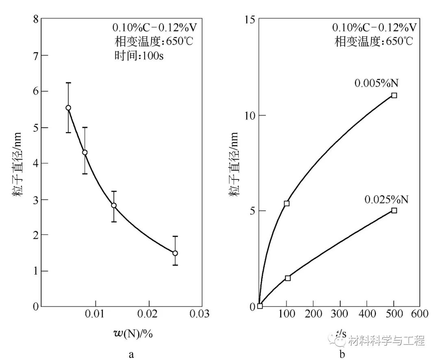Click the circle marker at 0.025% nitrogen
[175, 253]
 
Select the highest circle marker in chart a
[68, 108]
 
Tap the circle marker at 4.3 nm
[85, 153]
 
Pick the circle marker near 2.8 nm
[114, 205]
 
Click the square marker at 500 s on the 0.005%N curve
[394, 95]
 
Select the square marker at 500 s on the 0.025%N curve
[394, 210]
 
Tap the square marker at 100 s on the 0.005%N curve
[287, 203]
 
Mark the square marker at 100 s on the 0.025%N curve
[288, 278]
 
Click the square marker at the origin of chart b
[260, 306]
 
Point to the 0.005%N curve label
[376, 83]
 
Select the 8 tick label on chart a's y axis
[36, 20]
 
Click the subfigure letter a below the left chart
[131, 354]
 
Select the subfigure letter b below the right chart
[341, 354]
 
